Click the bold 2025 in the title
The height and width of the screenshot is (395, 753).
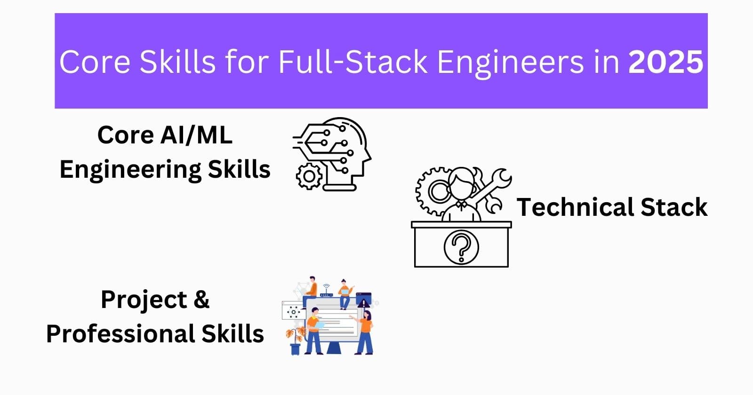(665, 62)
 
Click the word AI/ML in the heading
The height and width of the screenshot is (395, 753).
(196, 135)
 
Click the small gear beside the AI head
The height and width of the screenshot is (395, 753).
(309, 177)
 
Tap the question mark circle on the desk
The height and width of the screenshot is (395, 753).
(461, 247)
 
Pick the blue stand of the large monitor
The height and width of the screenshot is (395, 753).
(334, 348)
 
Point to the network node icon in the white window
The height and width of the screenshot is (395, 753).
(294, 311)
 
